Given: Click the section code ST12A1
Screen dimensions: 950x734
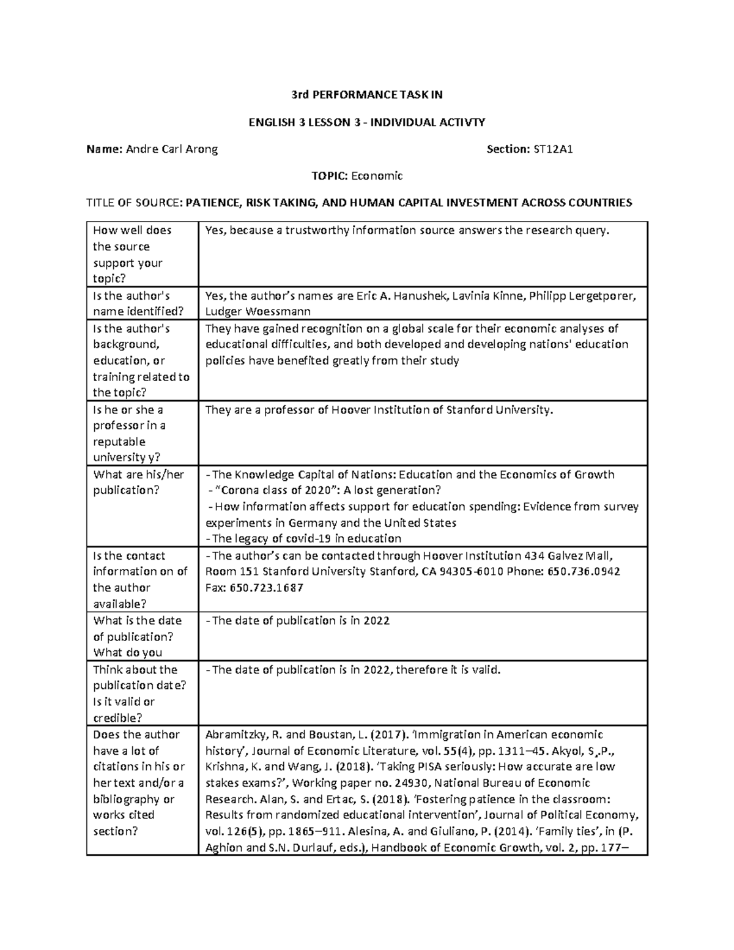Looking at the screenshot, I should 553,149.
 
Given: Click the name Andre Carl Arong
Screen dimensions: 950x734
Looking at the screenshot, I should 171,149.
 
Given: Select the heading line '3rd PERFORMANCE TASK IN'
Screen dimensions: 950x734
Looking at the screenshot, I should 366,95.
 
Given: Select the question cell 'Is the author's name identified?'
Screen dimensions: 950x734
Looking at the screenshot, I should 138,303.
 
